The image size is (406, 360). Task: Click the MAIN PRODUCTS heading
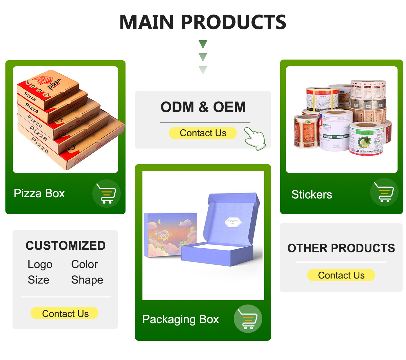coord(203,22)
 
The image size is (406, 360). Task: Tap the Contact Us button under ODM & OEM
coord(203,133)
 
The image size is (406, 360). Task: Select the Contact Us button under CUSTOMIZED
coord(65,313)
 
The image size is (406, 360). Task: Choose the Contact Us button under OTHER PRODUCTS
coord(341,275)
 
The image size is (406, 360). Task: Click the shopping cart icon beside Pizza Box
coord(107,194)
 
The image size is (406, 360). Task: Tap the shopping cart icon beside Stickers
coord(384,192)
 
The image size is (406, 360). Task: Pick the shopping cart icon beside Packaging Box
coord(248,319)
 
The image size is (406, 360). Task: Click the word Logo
coord(40,264)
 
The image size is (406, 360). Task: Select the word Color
coord(84,264)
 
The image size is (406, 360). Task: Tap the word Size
coord(38,280)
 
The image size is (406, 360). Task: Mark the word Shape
coord(87,280)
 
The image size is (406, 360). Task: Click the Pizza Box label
coord(39,193)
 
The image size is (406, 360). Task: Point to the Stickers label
coord(312,195)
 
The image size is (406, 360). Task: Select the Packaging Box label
coord(180,319)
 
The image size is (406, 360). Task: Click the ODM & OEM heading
coord(203,107)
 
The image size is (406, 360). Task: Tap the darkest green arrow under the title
coord(203,44)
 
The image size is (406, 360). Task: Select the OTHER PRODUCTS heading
coord(341,248)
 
